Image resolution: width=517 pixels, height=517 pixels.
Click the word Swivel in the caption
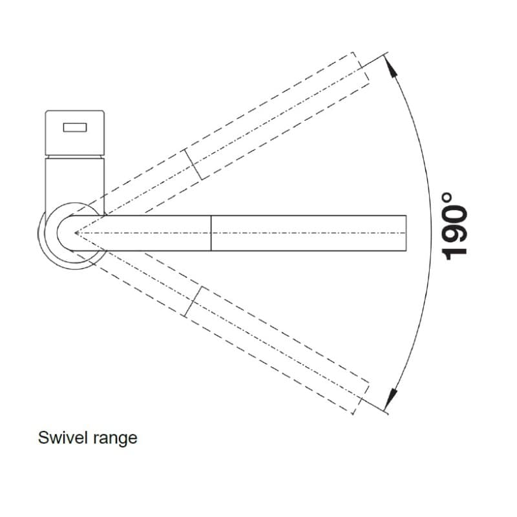click(x=63, y=438)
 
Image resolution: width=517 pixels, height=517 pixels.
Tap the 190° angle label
click(x=454, y=227)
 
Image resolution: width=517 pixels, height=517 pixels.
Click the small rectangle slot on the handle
click(x=75, y=127)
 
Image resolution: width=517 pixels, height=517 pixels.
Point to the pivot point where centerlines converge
click(x=76, y=233)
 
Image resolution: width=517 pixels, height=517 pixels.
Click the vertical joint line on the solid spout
click(x=211, y=233)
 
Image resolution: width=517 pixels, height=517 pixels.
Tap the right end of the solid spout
click(x=406, y=233)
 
